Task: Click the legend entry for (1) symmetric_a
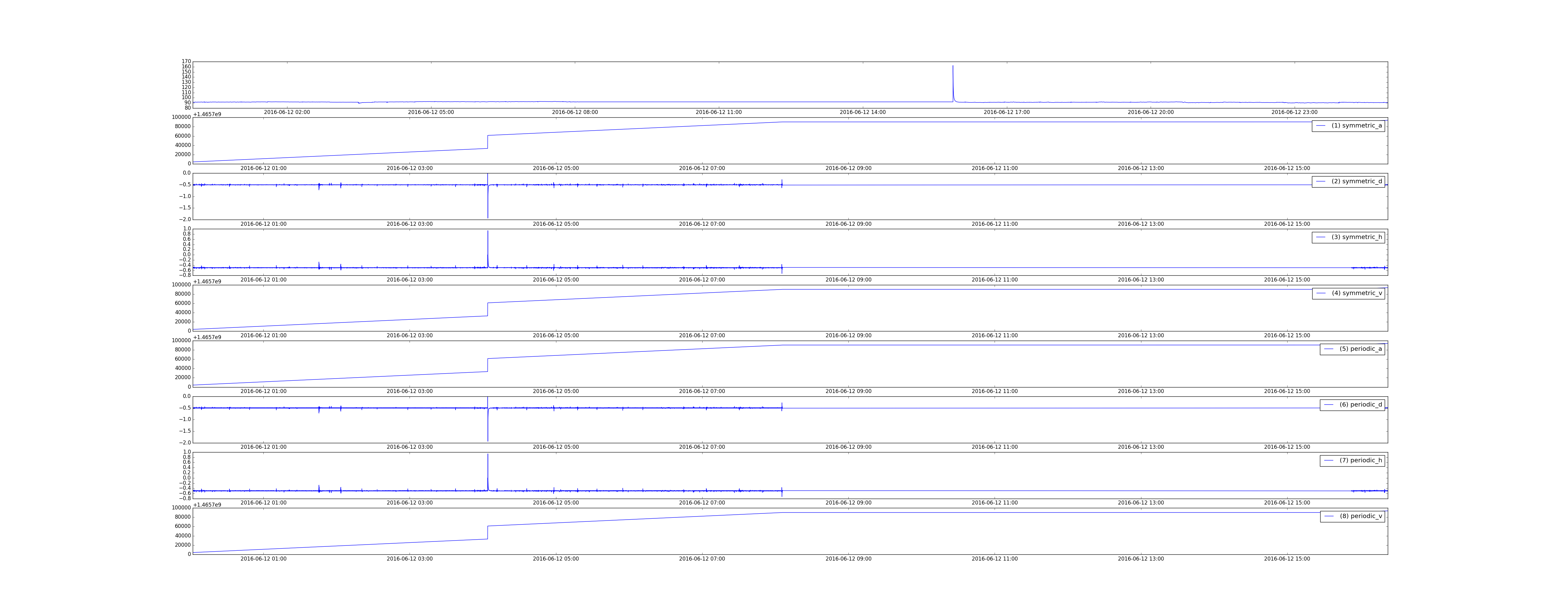click(x=1348, y=126)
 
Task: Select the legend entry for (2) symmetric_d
click(x=1348, y=181)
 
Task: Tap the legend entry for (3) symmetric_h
click(x=1348, y=237)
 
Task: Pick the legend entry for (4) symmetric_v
click(x=1348, y=293)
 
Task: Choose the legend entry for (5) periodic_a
click(x=1352, y=349)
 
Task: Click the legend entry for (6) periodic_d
click(x=1352, y=404)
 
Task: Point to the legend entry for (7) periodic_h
click(x=1352, y=460)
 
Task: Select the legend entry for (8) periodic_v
click(x=1352, y=516)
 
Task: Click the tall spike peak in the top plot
click(x=953, y=66)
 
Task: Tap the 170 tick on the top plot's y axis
click(x=186, y=62)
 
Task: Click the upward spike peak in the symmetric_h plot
click(x=488, y=231)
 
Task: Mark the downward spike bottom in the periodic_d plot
click(x=488, y=441)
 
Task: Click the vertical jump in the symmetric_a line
click(x=488, y=142)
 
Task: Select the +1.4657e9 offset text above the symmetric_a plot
click(x=207, y=114)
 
